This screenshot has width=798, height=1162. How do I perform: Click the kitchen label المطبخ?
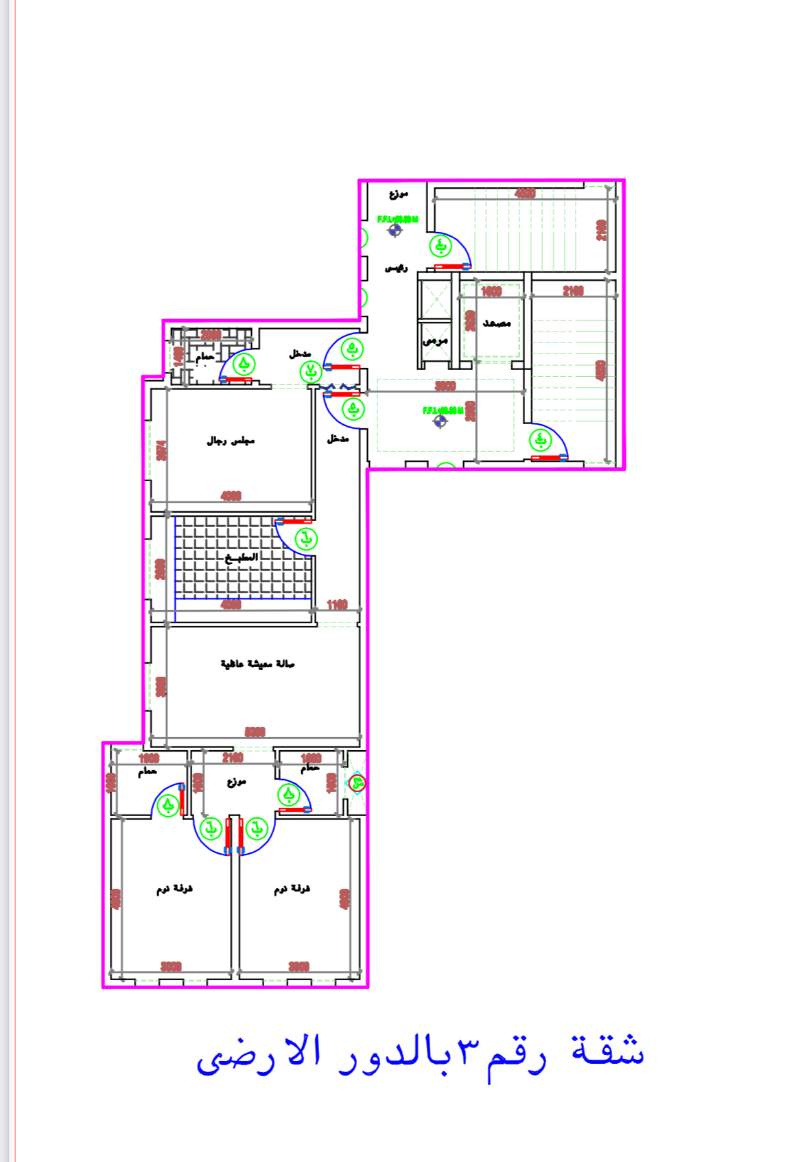(x=242, y=557)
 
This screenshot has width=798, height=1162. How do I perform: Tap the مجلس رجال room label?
(x=231, y=440)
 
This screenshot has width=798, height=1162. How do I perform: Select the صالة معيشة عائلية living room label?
(x=257, y=664)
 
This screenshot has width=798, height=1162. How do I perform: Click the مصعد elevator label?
(x=496, y=323)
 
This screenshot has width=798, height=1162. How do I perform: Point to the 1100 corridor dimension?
(x=337, y=605)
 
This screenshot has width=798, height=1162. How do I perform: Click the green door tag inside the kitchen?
(x=306, y=539)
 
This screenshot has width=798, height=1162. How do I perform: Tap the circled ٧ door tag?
(x=311, y=373)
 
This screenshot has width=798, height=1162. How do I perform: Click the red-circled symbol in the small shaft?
(x=357, y=783)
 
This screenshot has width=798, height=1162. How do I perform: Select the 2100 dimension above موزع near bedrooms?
(x=233, y=758)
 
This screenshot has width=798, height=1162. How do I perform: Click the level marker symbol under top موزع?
(x=394, y=230)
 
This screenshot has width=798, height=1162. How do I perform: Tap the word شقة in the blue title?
(x=608, y=1051)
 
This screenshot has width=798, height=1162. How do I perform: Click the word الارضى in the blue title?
(x=259, y=1054)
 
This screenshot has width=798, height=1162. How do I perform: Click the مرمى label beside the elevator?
(x=436, y=340)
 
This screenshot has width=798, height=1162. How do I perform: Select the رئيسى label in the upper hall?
(x=396, y=267)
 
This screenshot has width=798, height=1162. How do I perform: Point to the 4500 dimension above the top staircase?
(x=525, y=194)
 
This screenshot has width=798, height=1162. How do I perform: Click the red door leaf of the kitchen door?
(x=294, y=522)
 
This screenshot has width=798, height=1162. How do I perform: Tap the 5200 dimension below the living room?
(x=255, y=732)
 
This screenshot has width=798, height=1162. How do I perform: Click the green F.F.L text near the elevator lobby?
(x=443, y=410)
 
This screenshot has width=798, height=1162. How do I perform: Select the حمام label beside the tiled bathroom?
(x=204, y=357)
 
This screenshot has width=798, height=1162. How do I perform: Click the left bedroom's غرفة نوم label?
(x=174, y=889)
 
